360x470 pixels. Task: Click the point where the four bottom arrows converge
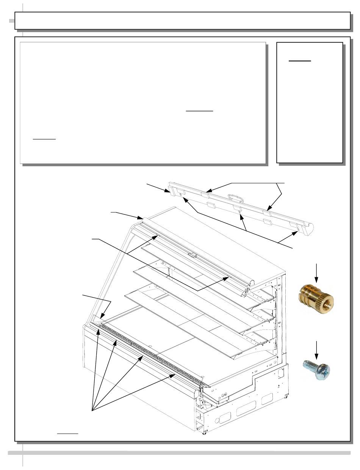click(92, 410)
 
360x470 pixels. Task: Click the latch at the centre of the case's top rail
click(193, 254)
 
